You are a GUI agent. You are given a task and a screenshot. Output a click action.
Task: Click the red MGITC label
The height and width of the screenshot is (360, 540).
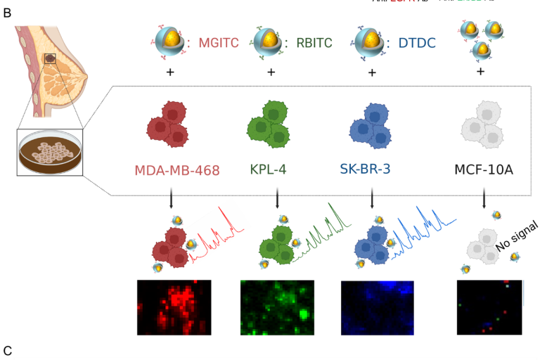(x=218, y=43)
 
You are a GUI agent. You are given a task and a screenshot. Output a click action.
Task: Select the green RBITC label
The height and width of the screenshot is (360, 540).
(x=314, y=43)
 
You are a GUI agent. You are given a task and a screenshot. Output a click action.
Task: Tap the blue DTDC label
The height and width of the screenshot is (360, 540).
(x=417, y=43)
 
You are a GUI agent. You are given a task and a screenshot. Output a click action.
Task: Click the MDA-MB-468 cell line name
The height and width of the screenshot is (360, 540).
(x=177, y=170)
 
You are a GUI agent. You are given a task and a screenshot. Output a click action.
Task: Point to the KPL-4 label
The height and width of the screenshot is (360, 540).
(x=268, y=169)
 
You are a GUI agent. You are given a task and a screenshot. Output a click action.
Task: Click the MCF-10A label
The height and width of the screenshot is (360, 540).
(x=483, y=169)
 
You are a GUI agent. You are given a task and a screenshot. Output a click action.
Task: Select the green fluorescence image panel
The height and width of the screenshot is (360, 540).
(x=277, y=307)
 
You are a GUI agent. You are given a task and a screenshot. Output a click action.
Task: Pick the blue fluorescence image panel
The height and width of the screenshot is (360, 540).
(x=377, y=308)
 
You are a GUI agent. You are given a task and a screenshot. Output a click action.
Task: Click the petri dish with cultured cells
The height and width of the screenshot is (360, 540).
(x=50, y=152)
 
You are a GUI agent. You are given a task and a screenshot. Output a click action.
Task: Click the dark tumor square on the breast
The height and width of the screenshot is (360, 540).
(x=50, y=58)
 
